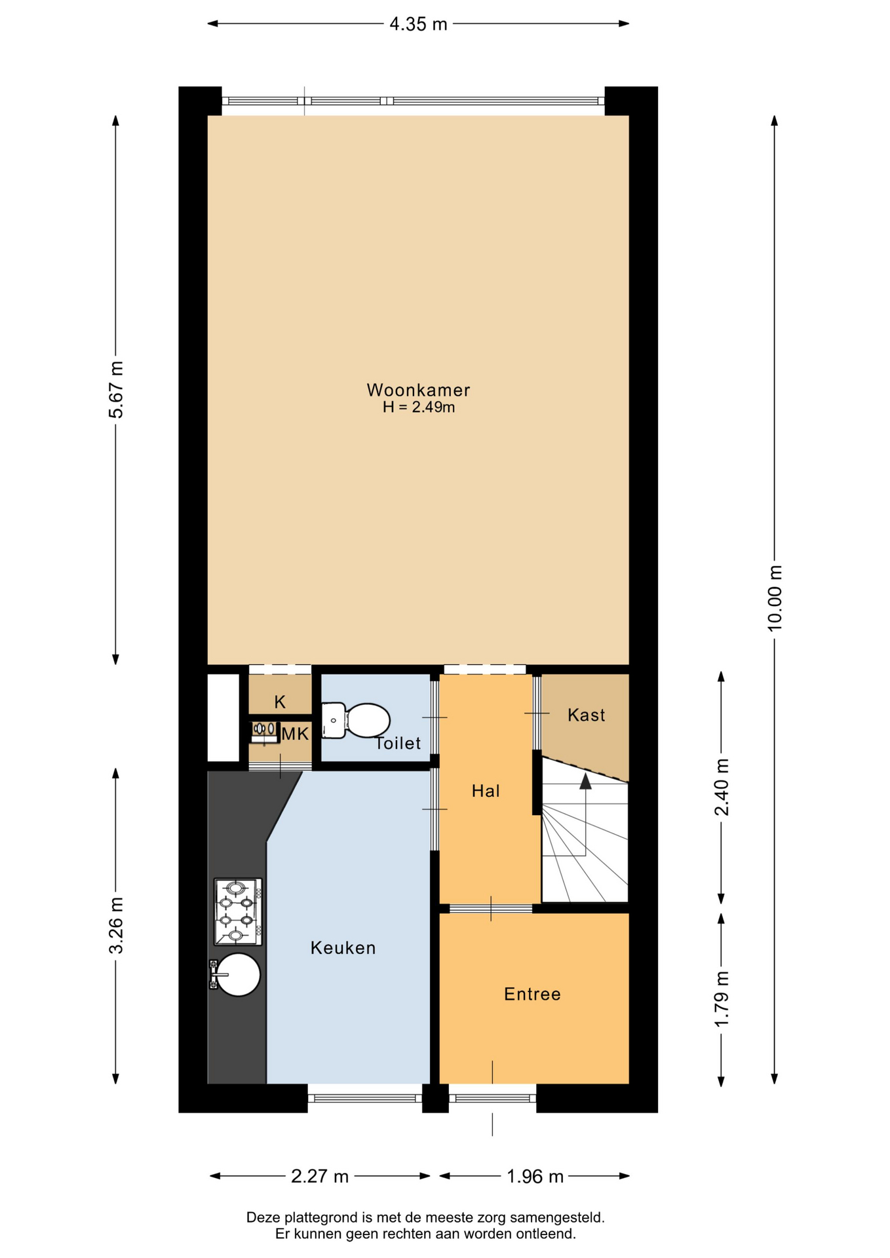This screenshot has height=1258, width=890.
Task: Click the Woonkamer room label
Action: point(418,390)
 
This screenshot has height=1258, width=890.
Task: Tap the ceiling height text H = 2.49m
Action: point(419,407)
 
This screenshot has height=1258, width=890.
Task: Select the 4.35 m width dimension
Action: point(418,24)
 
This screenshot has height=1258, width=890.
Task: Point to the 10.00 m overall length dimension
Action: point(775,598)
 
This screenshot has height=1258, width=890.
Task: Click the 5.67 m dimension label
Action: point(116,389)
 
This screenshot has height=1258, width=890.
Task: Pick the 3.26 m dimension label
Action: point(116,925)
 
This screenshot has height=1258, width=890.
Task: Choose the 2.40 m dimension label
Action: point(722,787)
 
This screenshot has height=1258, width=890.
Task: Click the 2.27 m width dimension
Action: point(320,1176)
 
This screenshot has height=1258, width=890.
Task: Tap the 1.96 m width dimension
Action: point(535,1177)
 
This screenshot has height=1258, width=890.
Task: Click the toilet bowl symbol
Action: point(356,720)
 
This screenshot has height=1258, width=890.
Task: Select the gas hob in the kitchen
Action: point(238,911)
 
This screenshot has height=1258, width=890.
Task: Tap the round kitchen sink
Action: point(237,975)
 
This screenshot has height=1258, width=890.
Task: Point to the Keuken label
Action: point(343,948)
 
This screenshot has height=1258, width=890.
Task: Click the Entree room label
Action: point(532,994)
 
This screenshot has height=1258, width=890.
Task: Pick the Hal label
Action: point(486,791)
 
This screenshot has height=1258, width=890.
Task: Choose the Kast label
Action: point(587,715)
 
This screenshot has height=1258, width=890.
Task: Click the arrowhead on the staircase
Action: point(586,780)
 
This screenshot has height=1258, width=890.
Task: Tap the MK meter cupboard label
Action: point(295,734)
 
